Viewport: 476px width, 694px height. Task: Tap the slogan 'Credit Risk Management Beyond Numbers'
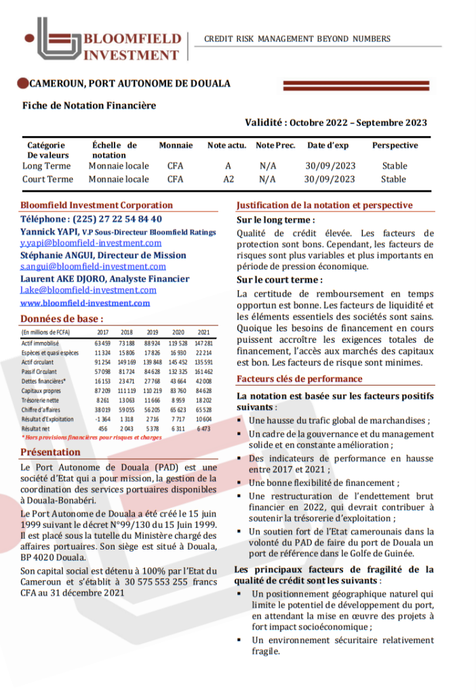point(297,39)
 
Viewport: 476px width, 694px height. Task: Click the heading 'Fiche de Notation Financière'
point(89,106)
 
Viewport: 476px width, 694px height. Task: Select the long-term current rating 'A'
point(229,165)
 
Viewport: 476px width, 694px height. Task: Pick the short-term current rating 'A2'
point(229,180)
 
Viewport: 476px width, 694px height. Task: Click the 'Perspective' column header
point(395,146)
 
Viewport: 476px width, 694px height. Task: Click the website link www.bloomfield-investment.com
point(85,303)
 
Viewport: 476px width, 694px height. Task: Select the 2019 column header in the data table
point(153,332)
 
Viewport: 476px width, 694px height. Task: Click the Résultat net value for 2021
point(203,429)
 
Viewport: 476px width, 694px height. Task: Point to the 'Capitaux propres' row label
point(41,391)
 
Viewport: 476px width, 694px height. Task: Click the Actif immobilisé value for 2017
point(102,344)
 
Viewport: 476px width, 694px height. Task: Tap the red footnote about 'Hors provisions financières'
point(92,438)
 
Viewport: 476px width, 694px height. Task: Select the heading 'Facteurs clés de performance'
point(298,380)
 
